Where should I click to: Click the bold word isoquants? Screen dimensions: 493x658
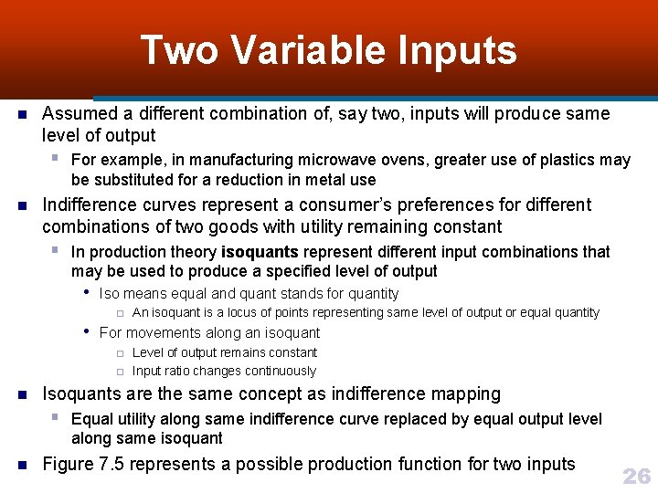click(260, 251)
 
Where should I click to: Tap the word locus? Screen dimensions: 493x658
click(231, 312)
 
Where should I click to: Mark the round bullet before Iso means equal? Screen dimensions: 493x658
click(86, 293)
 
